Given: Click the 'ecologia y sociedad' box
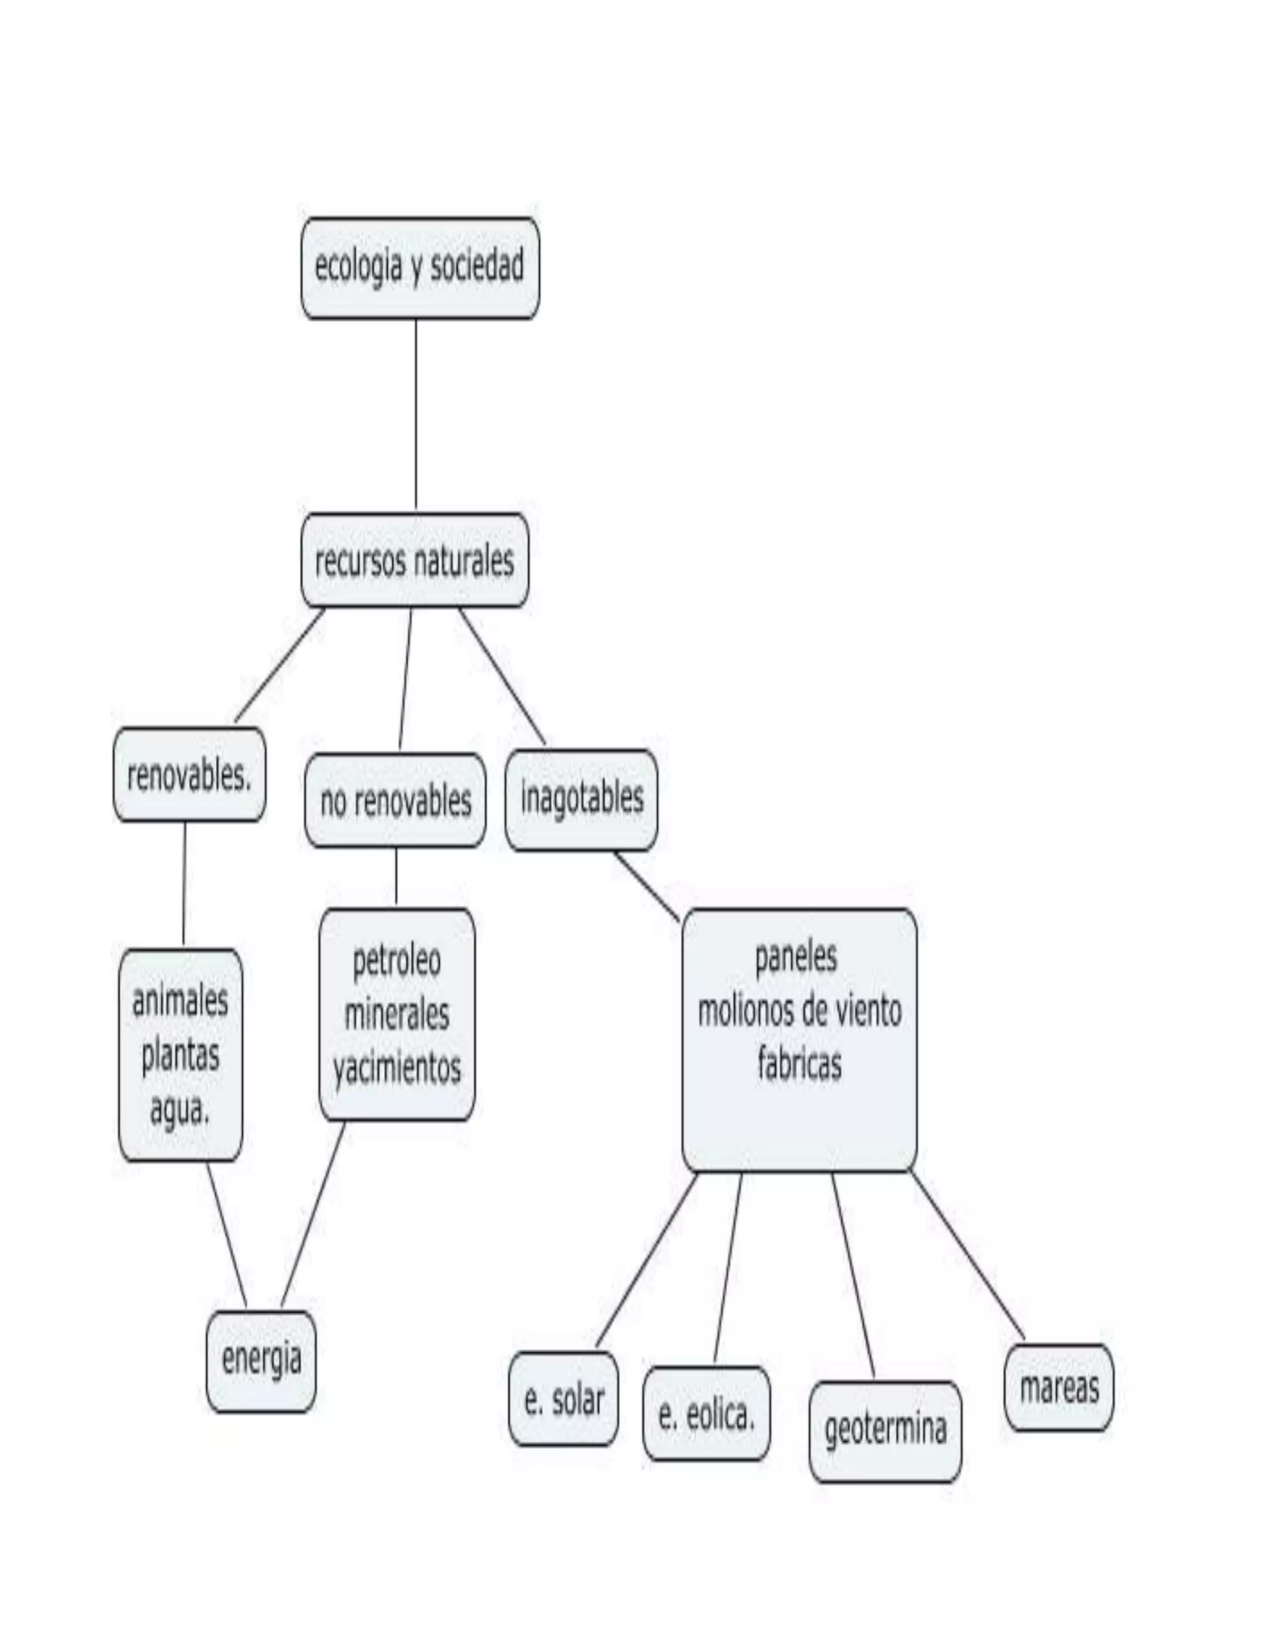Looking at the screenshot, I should pos(419,268).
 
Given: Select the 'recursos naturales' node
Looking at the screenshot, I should pos(414,561).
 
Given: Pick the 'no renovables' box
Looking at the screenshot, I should pos(395,801).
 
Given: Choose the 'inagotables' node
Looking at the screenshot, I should pos(581,798).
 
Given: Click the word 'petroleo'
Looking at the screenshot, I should pos(397,962).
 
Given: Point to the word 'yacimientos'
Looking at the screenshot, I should pos(397,1069).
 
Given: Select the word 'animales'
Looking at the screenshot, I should pos(180,1001).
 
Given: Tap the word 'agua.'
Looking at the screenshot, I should pos(180,1109).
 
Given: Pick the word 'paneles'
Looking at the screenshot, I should pos(796,957).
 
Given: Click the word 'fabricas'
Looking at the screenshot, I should pos(799,1064).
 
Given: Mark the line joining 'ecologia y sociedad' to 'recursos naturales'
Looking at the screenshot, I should pos(416,416).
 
